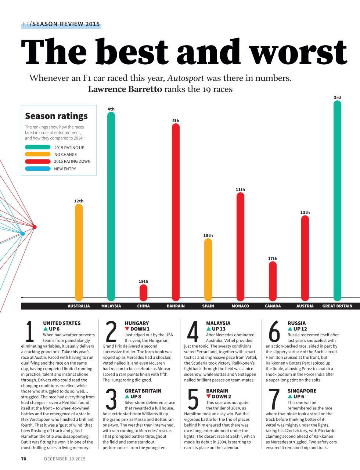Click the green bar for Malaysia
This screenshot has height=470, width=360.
(x=111, y=206)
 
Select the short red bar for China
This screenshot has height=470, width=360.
(x=143, y=293)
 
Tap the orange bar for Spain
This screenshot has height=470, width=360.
(x=208, y=270)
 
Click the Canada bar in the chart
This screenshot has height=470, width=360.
(x=273, y=281)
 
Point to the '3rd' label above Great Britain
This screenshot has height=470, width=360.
(x=337, y=97)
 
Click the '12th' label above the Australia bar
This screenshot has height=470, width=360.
(x=79, y=201)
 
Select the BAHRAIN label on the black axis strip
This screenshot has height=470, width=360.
(x=176, y=306)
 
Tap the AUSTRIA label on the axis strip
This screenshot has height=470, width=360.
(x=305, y=306)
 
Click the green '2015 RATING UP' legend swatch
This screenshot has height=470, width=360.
(x=37, y=147)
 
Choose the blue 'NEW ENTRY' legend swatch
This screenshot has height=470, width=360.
(x=37, y=169)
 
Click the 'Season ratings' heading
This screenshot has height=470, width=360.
(x=56, y=116)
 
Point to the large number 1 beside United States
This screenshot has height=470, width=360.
(x=30, y=331)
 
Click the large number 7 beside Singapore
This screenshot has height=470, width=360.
(x=274, y=399)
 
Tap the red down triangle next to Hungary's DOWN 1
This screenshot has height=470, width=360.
(x=127, y=329)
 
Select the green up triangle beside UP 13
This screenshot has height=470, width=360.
(x=209, y=329)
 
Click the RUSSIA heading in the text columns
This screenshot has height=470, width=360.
(x=296, y=323)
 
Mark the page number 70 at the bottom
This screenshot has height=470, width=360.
(x=24, y=459)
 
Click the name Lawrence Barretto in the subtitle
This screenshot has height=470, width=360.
(x=125, y=89)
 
